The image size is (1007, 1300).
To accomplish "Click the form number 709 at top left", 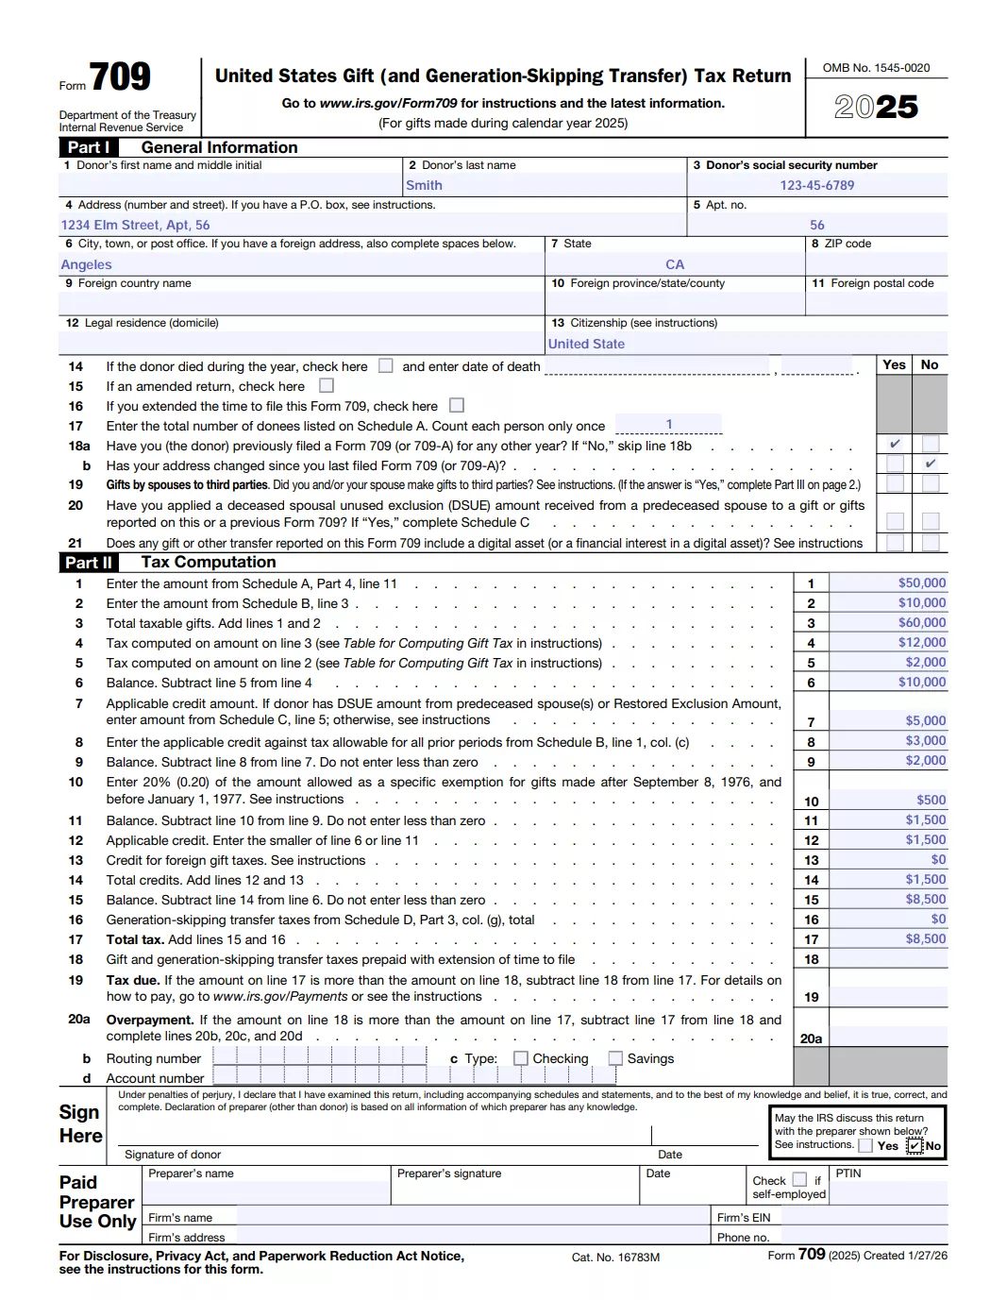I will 120,76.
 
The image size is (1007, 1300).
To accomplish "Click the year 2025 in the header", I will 876,107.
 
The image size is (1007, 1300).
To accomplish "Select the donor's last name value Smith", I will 424,186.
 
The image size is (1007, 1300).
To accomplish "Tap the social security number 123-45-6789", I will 816,186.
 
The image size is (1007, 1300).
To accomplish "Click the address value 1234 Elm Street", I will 135,226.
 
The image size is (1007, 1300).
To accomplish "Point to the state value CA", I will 675,265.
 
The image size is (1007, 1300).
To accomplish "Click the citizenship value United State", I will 586,345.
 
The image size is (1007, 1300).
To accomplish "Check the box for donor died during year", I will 385,366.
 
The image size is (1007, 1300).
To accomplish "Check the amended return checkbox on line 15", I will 327,386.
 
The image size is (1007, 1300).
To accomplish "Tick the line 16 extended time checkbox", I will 457,406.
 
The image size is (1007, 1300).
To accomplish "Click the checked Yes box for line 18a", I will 895,444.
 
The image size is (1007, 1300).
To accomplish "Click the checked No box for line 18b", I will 931,464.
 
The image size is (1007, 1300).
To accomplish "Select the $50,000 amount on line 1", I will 921,583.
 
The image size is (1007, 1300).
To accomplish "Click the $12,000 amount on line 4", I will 921,643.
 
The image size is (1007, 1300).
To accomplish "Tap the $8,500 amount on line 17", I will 925,939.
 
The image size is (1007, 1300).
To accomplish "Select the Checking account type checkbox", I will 521,1059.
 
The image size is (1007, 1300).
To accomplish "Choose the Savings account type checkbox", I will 615,1059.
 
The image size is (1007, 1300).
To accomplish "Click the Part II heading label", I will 89,563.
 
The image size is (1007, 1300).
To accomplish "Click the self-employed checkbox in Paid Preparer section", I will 799,1180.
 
